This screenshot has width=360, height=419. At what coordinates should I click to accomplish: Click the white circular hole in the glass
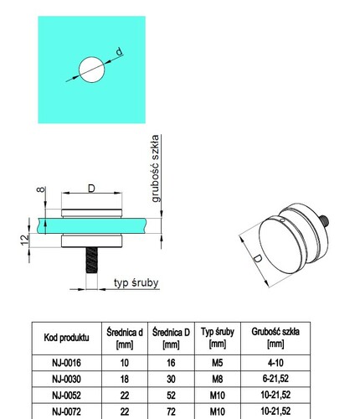coord(91,70)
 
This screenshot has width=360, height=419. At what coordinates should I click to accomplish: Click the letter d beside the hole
coord(119,52)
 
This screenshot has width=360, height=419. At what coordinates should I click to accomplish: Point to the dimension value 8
coord(41,189)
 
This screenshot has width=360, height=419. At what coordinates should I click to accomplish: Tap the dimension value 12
coord(25,240)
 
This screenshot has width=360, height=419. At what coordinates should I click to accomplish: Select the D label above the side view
coord(91,189)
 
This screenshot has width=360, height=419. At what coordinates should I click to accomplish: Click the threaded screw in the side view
coord(91,261)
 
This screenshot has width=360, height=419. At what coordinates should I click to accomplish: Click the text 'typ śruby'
coord(136,282)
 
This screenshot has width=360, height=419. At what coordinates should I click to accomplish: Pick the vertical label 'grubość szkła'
coord(156,168)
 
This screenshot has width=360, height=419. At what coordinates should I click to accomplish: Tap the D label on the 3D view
coord(258,259)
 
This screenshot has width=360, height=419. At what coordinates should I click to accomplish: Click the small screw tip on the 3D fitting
coord(325,220)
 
